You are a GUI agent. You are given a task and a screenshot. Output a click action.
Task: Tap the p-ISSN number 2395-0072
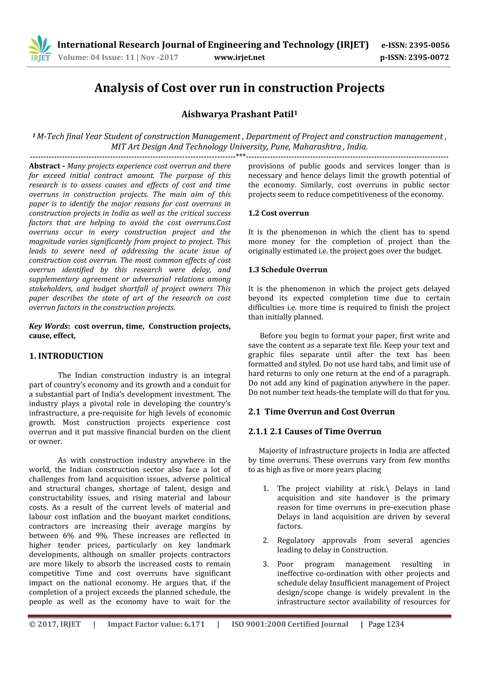coord(428,57)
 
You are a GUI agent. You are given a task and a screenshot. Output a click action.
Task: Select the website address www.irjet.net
coord(239,57)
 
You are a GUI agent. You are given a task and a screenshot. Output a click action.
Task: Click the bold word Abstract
coord(45,166)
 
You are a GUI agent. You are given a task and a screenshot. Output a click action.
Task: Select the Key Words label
coord(49,326)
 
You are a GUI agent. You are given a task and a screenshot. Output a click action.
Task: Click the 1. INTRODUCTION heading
coord(66,356)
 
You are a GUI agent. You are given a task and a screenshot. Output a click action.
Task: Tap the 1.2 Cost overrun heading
coord(278,213)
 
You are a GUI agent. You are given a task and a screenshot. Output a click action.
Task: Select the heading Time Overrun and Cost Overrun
coord(329,411)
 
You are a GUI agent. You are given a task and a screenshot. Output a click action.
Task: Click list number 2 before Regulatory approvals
coord(266,541)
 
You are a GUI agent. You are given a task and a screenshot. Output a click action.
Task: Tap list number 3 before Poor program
coord(266,564)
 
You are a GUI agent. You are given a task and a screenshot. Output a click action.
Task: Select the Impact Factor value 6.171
coord(194,624)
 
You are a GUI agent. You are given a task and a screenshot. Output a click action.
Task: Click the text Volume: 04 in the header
coord(79,57)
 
